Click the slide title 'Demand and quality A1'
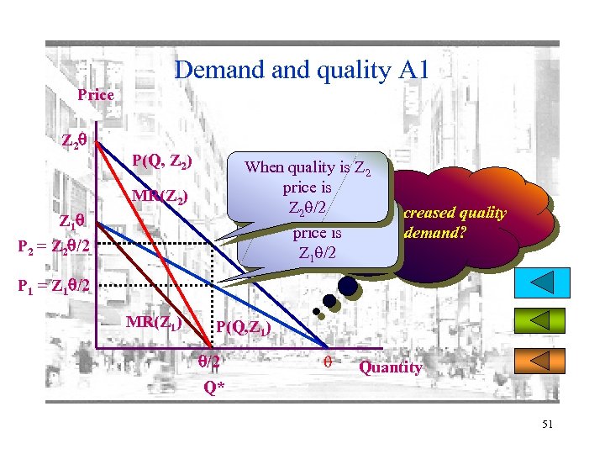(x=301, y=70)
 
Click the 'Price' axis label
(x=95, y=95)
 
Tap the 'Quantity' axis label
(x=391, y=367)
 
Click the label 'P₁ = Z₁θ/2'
(x=52, y=285)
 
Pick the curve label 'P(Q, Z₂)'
(x=162, y=161)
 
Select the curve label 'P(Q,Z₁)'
(x=243, y=328)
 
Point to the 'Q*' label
(x=214, y=388)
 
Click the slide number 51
(x=547, y=425)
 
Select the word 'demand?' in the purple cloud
(x=431, y=231)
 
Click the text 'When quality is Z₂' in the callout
(x=307, y=167)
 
